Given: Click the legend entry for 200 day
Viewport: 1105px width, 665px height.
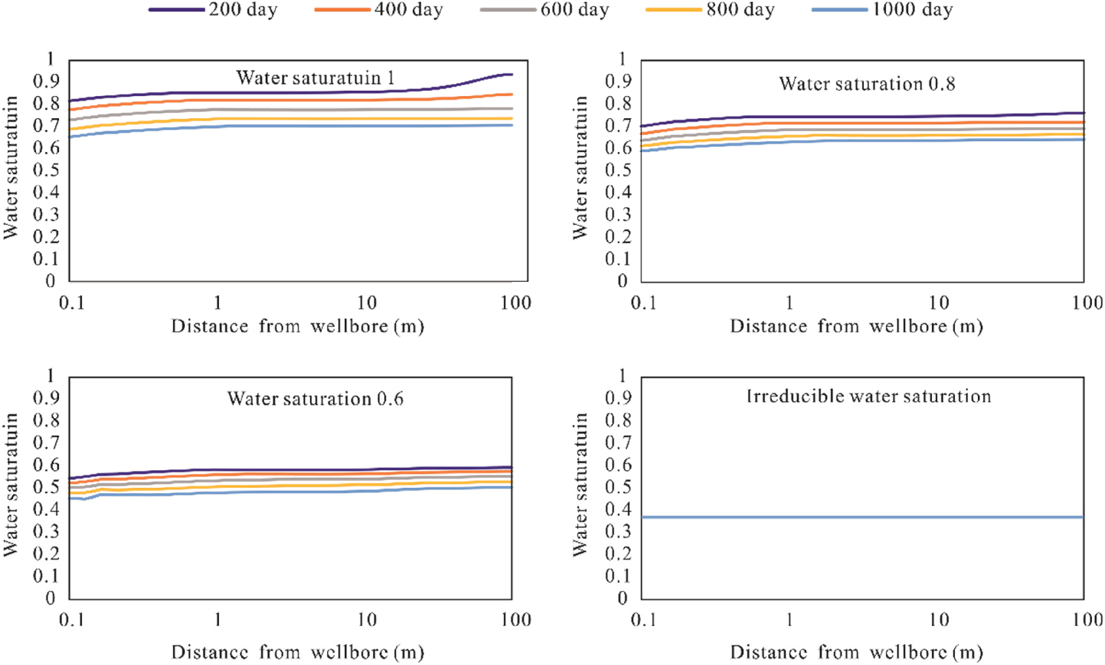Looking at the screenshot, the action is click(x=213, y=10).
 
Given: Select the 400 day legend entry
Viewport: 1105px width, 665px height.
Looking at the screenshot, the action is click(x=379, y=10).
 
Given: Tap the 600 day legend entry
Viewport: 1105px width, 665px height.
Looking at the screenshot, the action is click(x=545, y=10).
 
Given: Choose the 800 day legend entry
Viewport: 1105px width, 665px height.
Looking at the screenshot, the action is click(x=710, y=10).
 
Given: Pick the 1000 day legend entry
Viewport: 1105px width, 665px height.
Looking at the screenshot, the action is click(x=883, y=10).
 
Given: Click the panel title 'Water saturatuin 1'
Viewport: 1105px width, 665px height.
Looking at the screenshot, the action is click(x=316, y=78).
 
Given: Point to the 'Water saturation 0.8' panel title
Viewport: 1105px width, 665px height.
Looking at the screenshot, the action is click(x=867, y=84).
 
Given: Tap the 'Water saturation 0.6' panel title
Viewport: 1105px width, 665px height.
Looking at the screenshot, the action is click(x=316, y=398).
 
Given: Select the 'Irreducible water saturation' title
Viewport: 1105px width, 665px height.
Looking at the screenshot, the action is click(x=868, y=396).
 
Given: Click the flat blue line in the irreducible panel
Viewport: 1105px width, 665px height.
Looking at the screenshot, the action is click(x=862, y=517).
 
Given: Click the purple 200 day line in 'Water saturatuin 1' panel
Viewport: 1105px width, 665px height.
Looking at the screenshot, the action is click(x=291, y=93).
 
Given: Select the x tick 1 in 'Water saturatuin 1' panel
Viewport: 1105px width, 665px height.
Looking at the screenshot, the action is click(x=218, y=303).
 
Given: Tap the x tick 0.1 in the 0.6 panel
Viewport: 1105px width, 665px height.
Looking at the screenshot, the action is click(x=72, y=620).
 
